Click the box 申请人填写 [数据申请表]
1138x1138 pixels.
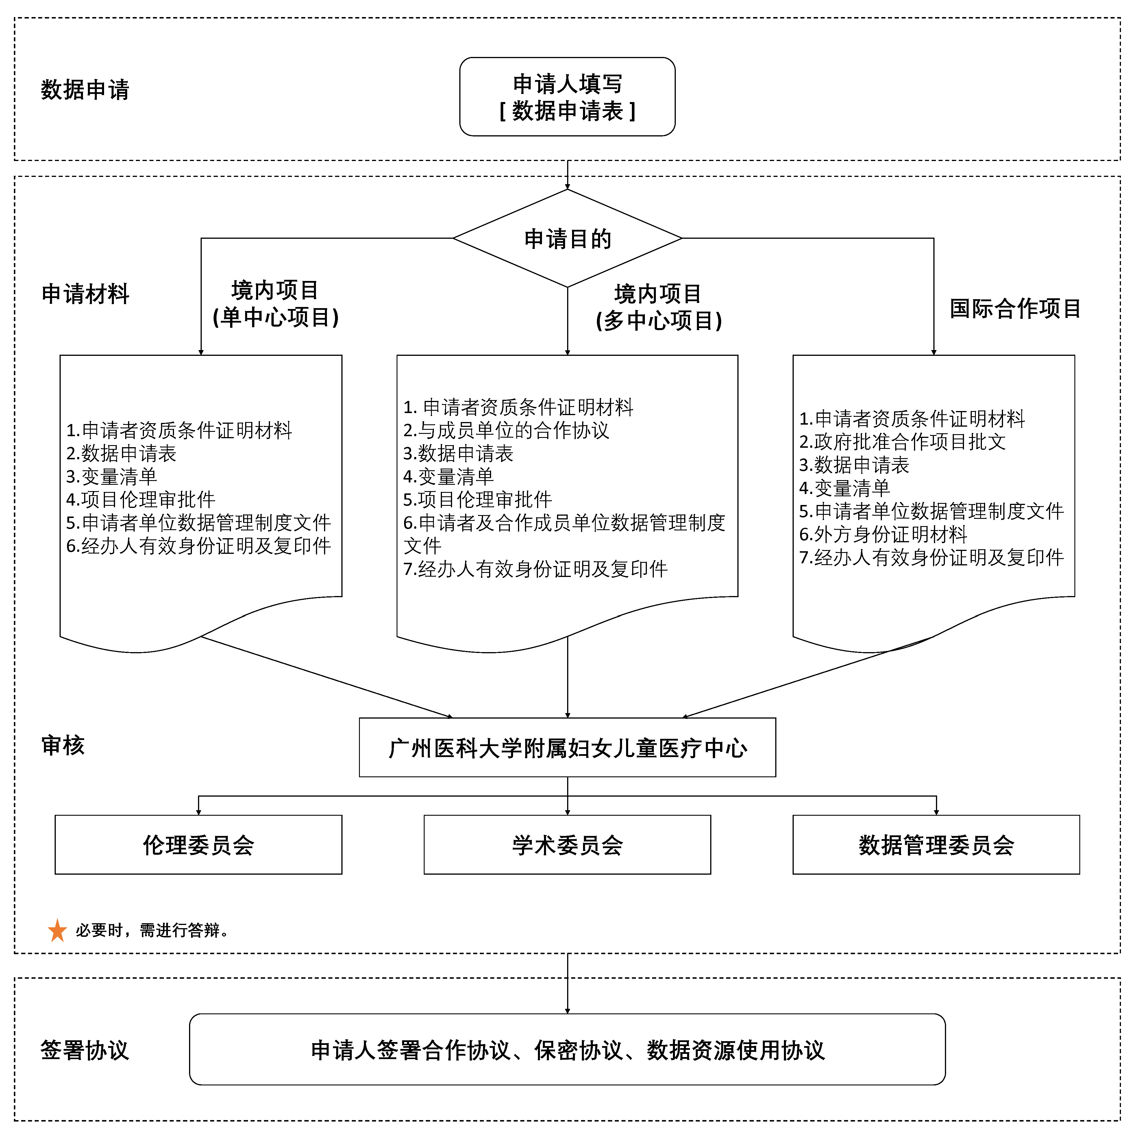567,97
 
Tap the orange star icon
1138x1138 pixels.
57,931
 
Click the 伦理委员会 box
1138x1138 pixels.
199,845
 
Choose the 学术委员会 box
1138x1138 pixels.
567,845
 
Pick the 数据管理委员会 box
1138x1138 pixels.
937,845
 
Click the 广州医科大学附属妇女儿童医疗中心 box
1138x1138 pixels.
567,747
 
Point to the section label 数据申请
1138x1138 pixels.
85,90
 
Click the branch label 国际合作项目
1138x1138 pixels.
1015,308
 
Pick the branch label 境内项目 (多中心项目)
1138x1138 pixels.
658,307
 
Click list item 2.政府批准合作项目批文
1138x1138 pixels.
902,442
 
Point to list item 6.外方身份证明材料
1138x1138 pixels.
883,534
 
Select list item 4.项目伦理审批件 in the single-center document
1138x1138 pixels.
141,499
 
